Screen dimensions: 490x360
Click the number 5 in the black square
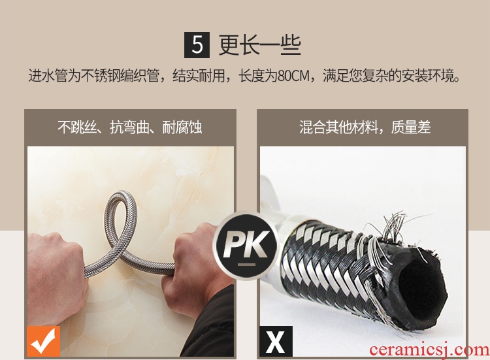point(197,44)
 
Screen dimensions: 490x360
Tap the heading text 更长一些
point(259,45)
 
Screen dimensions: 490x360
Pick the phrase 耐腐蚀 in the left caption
point(182,127)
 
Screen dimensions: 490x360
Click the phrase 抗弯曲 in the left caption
point(129,127)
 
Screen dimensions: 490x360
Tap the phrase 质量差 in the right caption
point(411,127)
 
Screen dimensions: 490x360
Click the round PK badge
point(246,245)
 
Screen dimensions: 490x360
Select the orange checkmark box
point(43,341)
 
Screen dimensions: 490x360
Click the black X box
point(276,341)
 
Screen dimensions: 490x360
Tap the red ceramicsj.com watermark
point(429,350)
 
